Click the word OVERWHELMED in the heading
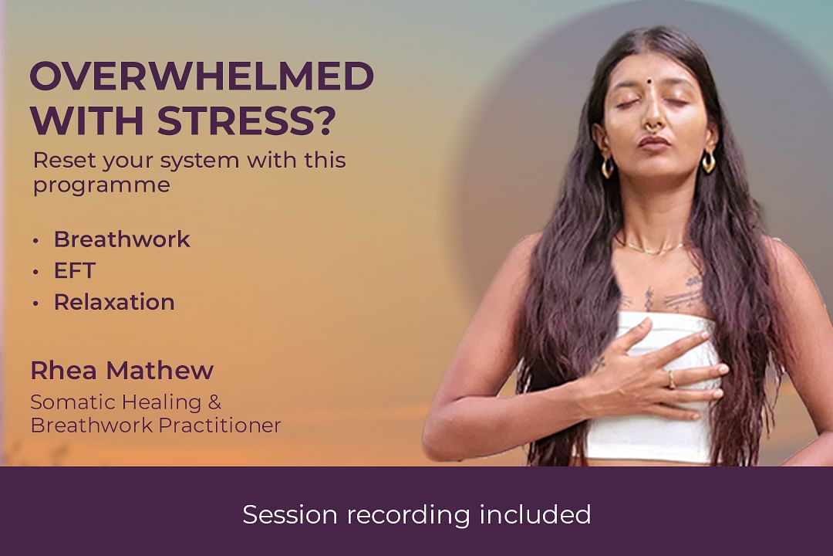pos(202,76)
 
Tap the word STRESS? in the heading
pos(247,120)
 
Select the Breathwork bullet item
pos(122,239)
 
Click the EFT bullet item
pos(74,271)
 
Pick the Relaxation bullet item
pos(114,302)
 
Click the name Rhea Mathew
pos(122,371)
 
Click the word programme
pos(102,185)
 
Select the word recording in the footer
pos(409,515)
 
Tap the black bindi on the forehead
pos(649,83)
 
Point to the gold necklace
pos(653,249)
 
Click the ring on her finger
pos(672,379)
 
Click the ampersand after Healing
pos(214,402)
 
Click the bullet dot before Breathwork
pos(35,241)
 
